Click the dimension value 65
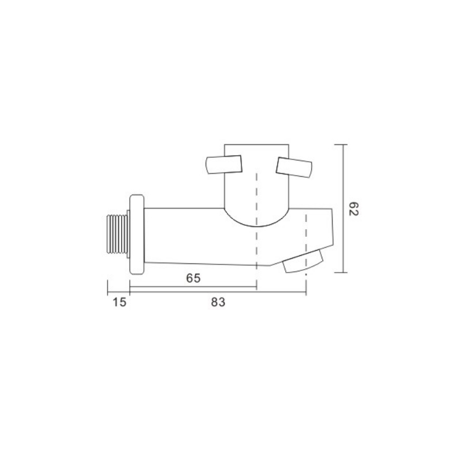tap(193, 278)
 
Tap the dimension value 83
tap(218, 302)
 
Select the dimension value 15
tap(120, 302)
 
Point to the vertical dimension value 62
tap(353, 209)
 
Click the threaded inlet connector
tap(117, 234)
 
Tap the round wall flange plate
tap(137, 235)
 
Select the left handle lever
tap(223, 165)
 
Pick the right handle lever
tap(294, 167)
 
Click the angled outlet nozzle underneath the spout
tap(303, 262)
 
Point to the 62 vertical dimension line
tap(343, 208)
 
